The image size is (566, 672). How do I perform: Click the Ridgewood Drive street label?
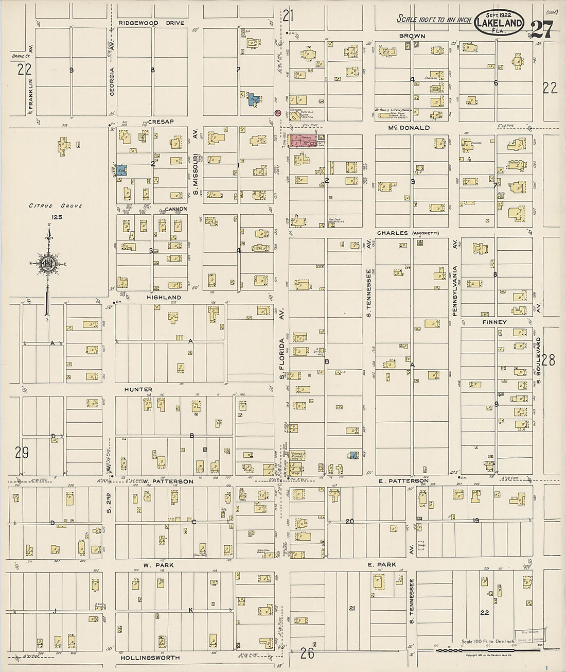[151, 23]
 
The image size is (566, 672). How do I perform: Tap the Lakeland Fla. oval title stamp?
[500, 23]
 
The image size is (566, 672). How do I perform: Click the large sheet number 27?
[541, 30]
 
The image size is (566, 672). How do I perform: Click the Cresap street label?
[161, 122]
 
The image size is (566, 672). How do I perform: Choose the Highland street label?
[164, 298]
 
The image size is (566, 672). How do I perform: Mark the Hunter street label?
[138, 390]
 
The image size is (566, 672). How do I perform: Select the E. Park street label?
[381, 565]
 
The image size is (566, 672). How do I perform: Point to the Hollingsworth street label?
[150, 658]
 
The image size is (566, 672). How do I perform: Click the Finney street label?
[494, 322]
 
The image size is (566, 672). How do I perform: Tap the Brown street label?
[412, 36]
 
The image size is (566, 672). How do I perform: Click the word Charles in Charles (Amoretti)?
[393, 233]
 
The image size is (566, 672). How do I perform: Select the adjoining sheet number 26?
[307, 653]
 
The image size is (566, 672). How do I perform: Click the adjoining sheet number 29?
[22, 453]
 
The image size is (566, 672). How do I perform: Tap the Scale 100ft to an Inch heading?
[434, 19]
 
